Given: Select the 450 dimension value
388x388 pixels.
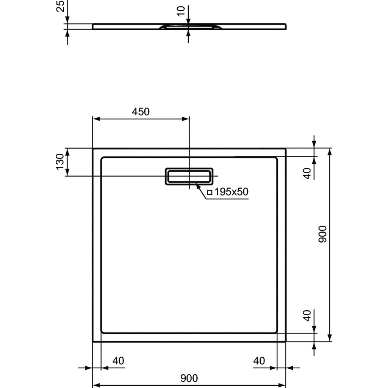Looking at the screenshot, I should click(141, 111).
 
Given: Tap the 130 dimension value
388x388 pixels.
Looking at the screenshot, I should click(60, 162).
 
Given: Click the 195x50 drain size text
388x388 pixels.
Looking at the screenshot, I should click(232, 192).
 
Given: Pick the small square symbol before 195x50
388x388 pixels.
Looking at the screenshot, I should click(210, 192).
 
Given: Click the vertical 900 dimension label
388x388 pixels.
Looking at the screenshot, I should click(322, 234).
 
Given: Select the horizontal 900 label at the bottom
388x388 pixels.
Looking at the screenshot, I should click(189, 378).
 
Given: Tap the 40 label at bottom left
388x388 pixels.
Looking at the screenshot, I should click(118, 361).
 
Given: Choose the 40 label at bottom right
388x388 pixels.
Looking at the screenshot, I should click(259, 361).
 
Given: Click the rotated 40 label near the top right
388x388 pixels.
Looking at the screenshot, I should click(308, 173).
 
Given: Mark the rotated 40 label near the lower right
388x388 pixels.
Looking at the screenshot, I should click(308, 315).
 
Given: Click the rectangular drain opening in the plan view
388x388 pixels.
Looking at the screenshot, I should click(189, 176).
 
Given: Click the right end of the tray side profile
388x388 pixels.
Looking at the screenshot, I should click(285, 26).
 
